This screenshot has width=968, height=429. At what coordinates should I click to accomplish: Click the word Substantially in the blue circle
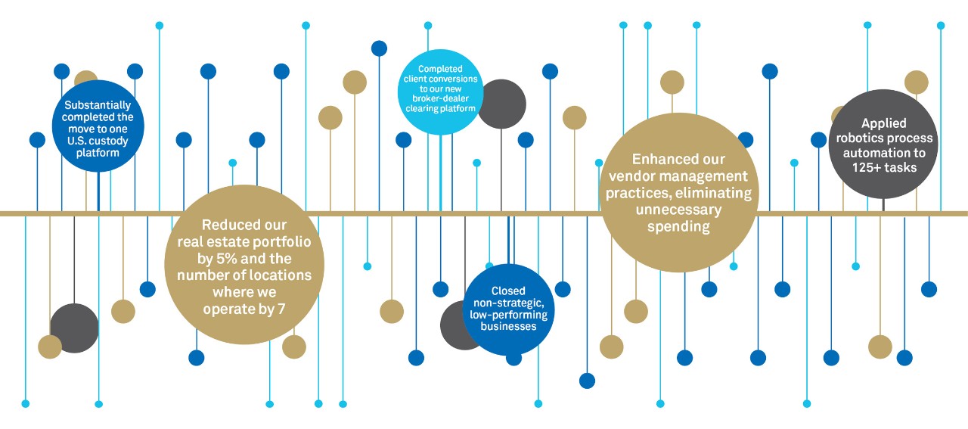[x=98, y=106]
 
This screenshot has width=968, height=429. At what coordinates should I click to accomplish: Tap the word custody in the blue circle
[x=109, y=141]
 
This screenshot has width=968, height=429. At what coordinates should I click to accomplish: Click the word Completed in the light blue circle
[x=440, y=69]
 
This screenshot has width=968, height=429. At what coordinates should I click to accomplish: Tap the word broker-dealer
[x=440, y=98]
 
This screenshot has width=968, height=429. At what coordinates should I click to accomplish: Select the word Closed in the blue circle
[x=508, y=291]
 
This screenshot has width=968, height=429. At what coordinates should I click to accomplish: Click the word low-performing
[x=509, y=315]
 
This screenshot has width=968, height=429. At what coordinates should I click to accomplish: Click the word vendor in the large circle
[x=631, y=176]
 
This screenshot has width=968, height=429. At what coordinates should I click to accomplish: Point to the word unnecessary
[x=678, y=210]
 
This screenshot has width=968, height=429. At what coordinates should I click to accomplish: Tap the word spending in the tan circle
[x=678, y=227]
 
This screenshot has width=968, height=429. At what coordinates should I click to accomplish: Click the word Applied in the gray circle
[x=884, y=123]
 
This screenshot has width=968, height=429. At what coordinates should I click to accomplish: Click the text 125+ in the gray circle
[x=867, y=167]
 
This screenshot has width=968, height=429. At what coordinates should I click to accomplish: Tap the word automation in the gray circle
[x=878, y=153]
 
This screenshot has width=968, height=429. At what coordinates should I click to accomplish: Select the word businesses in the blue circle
[x=508, y=326]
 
